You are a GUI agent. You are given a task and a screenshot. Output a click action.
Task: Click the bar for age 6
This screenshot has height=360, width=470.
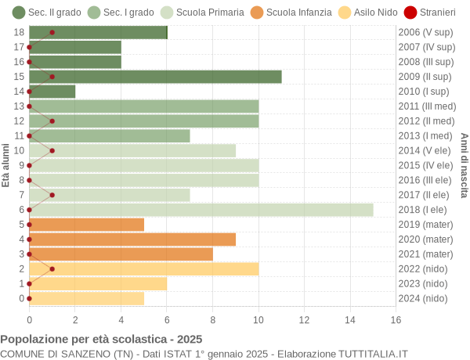click(201, 210)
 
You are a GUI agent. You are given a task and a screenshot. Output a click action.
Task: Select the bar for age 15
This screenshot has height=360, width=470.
click(155, 77)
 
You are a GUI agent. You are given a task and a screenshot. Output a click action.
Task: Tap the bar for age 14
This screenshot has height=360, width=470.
click(52, 92)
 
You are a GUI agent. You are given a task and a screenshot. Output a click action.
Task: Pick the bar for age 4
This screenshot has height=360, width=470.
click(132, 239)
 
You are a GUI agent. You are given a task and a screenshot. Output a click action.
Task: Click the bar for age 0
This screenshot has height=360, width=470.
click(86, 298)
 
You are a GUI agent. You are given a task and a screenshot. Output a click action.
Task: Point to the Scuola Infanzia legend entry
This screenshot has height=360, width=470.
click(273, 13)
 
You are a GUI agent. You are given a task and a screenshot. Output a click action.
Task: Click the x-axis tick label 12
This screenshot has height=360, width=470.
click(304, 319)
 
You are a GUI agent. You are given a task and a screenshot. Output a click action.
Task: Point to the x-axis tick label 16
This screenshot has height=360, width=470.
click(396, 319)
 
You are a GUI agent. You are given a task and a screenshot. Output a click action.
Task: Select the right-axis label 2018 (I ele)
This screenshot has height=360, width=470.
click(425, 210)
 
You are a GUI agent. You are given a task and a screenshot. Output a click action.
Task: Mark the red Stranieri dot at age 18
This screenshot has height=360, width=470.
click(52, 32)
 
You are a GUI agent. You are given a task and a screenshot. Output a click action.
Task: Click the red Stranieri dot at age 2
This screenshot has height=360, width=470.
click(52, 268)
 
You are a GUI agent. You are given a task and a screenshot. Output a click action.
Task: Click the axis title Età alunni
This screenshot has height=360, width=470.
click(5, 165)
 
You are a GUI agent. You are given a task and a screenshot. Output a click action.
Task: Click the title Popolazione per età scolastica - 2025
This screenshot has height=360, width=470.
click(101, 340)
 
